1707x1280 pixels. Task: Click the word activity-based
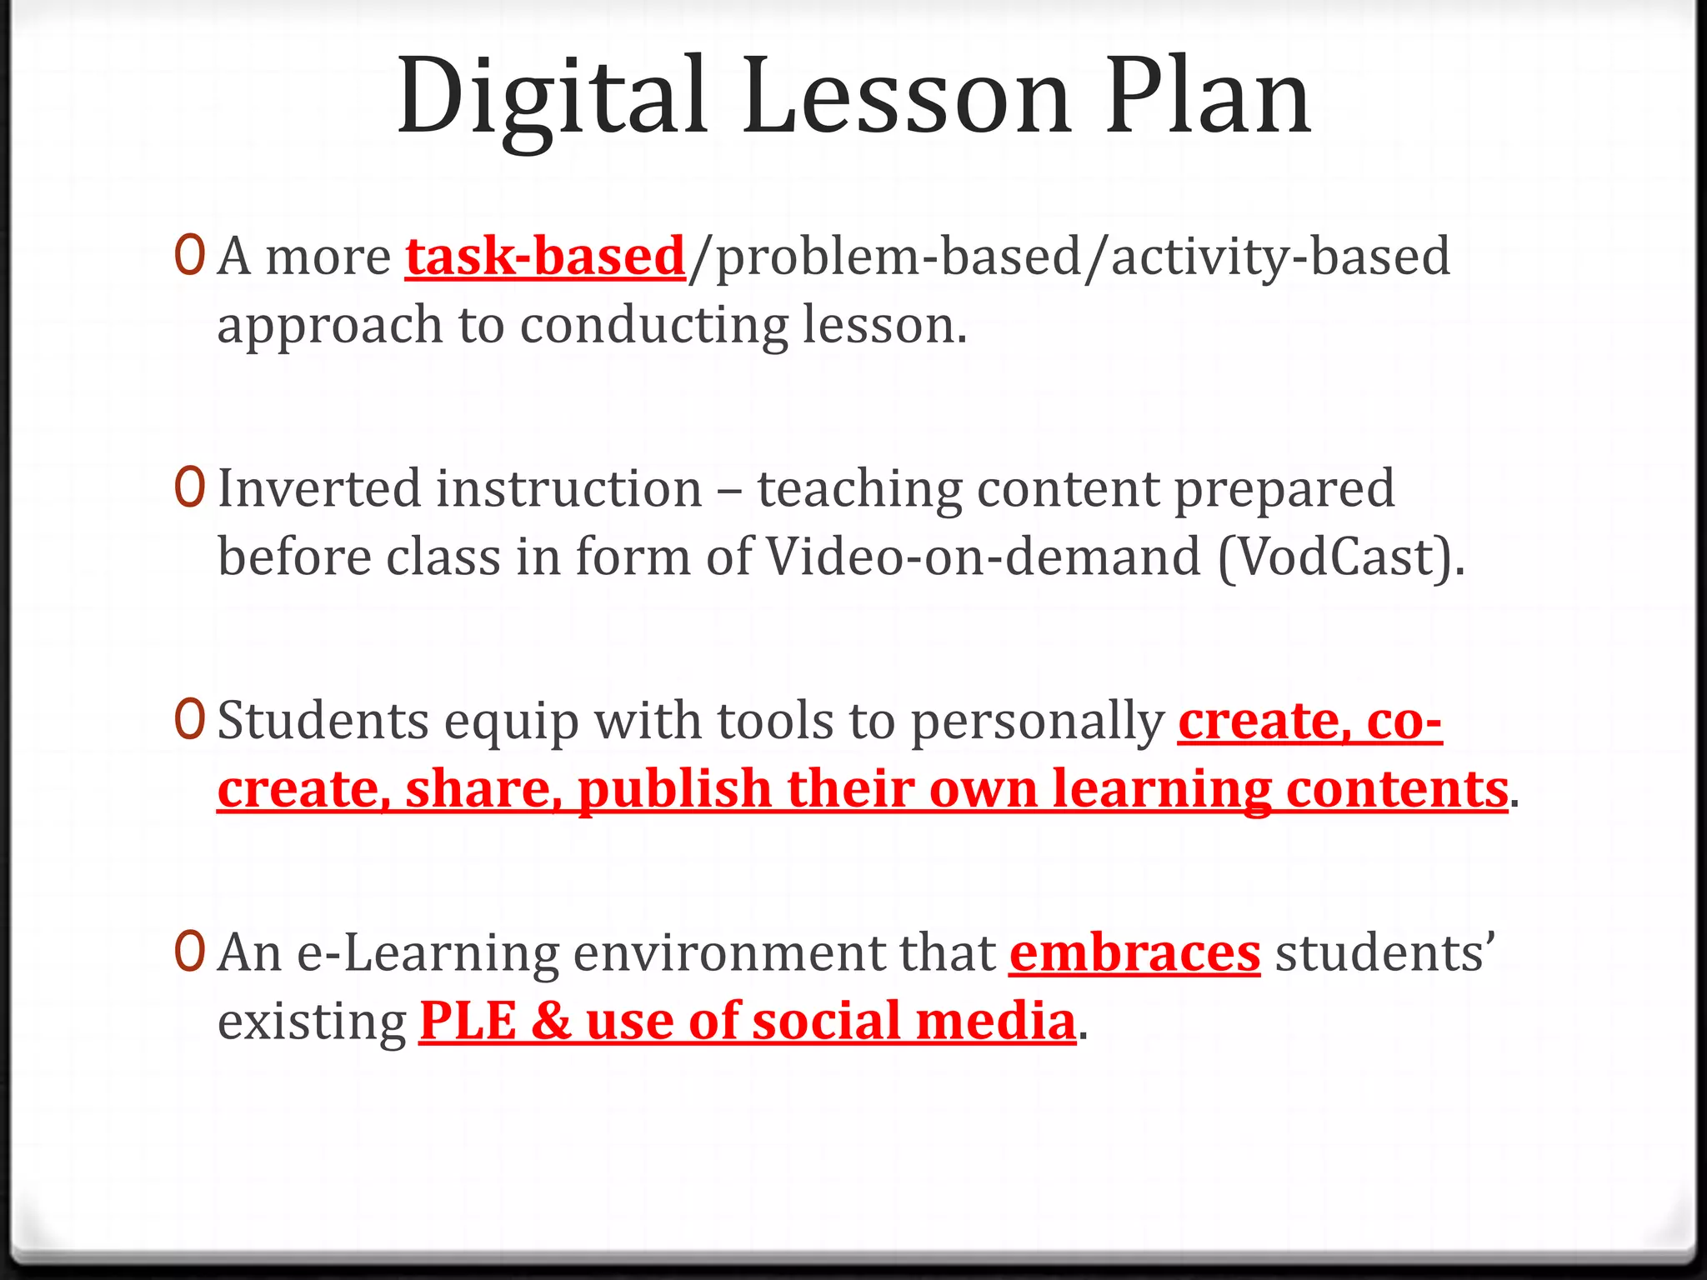[x=1280, y=257]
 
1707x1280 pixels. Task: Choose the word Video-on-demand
[x=984, y=557]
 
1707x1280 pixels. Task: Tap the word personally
[x=1037, y=722]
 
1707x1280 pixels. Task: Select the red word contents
[x=1396, y=788]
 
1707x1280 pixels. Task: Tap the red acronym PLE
[x=468, y=1021]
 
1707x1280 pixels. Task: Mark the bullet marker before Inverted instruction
[x=189, y=487]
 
